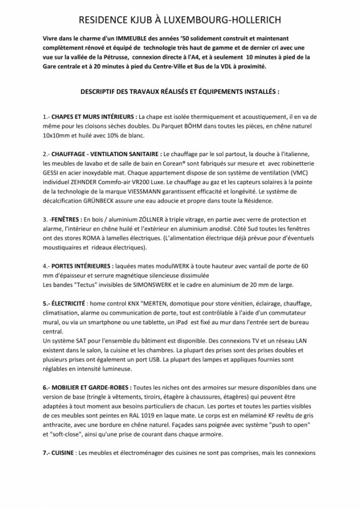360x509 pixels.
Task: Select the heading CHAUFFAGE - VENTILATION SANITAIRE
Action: click(x=107, y=154)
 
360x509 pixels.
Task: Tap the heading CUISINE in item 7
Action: click(x=62, y=452)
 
